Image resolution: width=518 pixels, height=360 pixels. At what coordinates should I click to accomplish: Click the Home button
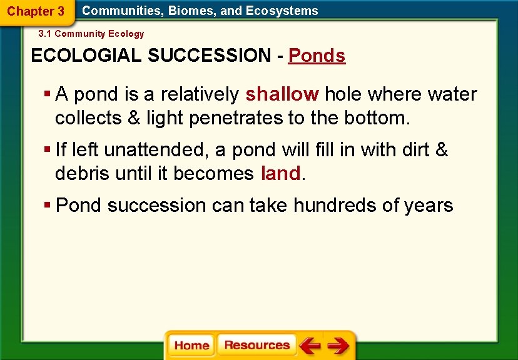coord(191,346)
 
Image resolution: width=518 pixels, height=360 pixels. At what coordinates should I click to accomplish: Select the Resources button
coord(256,345)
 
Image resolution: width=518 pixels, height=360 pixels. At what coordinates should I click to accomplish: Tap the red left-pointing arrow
coord(310,345)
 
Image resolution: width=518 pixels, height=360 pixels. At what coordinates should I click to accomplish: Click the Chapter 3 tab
coord(36,11)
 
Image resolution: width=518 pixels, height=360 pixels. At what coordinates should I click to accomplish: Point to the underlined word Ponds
coord(317,56)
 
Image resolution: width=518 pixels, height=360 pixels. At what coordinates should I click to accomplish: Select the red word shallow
coord(282,94)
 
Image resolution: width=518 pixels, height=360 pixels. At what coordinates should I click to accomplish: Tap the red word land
coord(281,173)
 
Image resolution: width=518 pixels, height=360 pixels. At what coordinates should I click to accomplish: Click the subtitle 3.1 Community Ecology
coord(91,34)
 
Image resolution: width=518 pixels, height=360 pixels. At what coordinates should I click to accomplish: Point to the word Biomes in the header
coord(188,11)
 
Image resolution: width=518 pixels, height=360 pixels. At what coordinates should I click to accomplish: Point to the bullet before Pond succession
coord(48,205)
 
